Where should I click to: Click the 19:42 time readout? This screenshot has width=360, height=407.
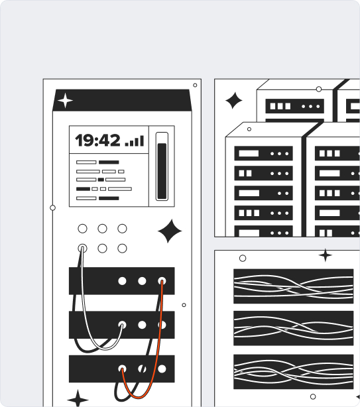[98, 141]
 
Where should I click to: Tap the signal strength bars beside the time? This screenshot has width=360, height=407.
[135, 141]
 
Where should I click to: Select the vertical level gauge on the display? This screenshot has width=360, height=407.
[162, 166]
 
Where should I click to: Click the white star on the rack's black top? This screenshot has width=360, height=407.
[65, 101]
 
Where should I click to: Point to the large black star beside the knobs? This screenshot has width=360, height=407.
[170, 231]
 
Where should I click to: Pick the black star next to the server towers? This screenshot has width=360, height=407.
[233, 101]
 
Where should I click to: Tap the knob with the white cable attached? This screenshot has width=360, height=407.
[82, 249]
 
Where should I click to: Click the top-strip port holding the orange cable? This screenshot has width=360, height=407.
[162, 281]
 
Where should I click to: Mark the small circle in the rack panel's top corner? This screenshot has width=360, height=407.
[195, 85]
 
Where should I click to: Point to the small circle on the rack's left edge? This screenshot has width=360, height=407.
[52, 207]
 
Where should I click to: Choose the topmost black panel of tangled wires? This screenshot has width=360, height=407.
[293, 286]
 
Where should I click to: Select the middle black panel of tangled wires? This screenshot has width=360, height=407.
[293, 328]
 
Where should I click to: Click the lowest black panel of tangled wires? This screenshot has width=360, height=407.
[293, 372]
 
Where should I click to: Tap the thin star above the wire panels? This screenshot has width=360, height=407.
[326, 255]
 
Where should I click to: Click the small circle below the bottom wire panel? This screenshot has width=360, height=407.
[313, 396]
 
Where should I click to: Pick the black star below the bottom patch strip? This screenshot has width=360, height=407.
[78, 399]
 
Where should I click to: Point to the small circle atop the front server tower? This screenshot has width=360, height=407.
[249, 129]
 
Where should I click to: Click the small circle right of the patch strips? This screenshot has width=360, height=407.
[184, 305]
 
